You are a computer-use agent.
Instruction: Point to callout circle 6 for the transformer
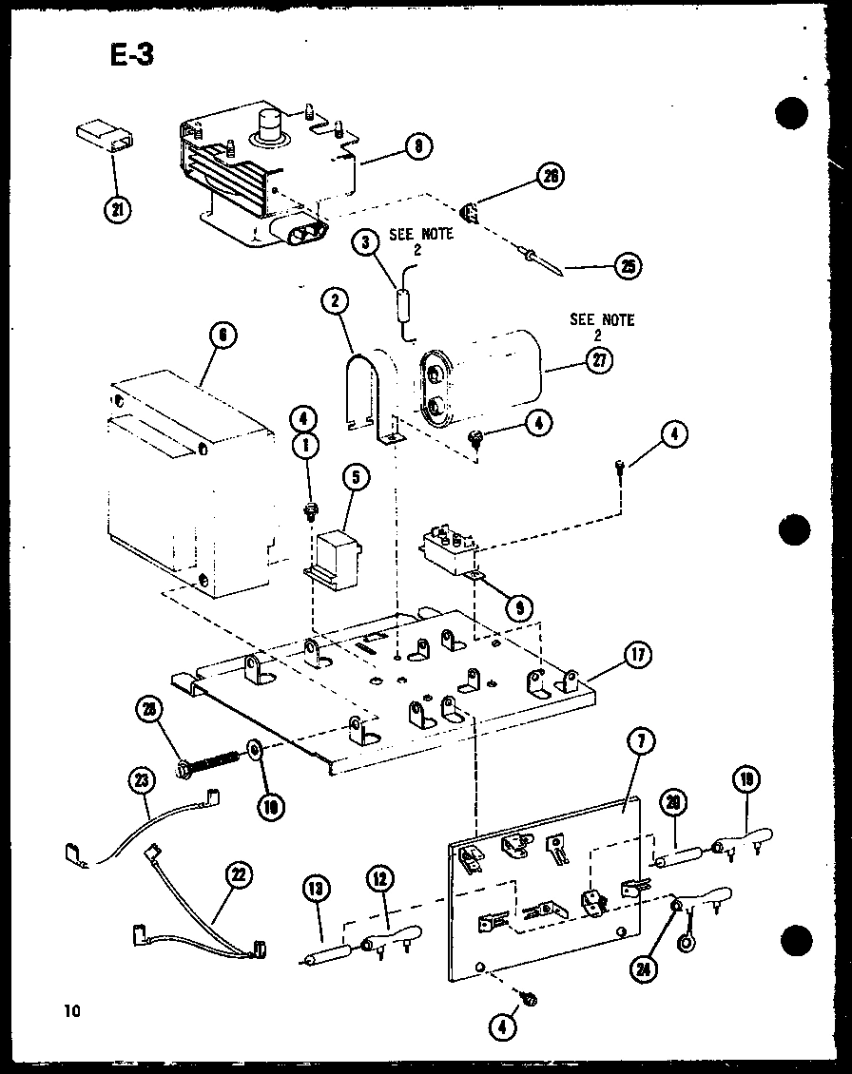[x=222, y=336]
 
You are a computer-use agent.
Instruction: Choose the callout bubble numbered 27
[x=600, y=360]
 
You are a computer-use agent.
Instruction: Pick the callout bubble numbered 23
[x=141, y=782]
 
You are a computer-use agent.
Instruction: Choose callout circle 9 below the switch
[x=519, y=607]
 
